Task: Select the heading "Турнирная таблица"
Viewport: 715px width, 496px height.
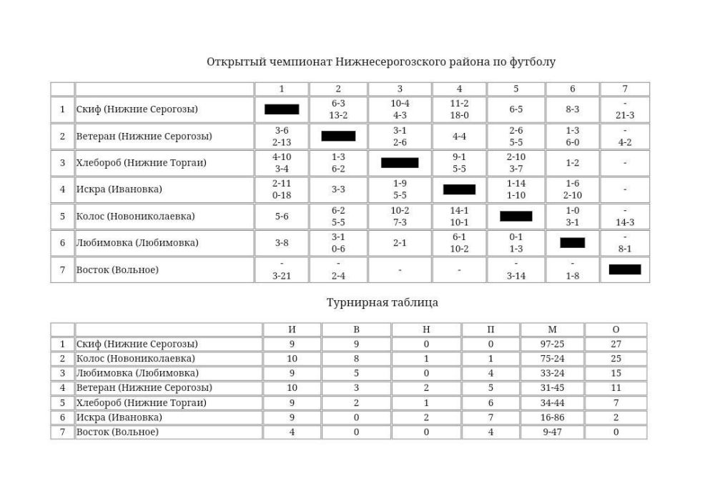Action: click(383, 302)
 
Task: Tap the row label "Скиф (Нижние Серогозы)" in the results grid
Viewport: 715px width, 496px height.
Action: click(137, 109)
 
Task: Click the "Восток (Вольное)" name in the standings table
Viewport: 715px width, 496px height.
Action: click(117, 432)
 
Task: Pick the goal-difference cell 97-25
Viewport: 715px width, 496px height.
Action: click(552, 344)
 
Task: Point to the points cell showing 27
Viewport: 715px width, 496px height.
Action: click(616, 344)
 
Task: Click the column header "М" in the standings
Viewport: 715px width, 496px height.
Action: click(552, 329)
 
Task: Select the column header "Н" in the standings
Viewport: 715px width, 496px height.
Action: click(425, 329)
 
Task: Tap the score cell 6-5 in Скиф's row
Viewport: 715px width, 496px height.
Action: click(516, 109)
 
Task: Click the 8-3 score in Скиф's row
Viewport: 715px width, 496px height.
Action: click(572, 109)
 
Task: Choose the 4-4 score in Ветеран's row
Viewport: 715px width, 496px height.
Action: click(459, 136)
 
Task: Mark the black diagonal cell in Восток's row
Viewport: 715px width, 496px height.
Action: click(625, 269)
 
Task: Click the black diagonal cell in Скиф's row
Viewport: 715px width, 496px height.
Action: click(282, 109)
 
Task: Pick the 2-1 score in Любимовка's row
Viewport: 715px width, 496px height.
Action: click(400, 243)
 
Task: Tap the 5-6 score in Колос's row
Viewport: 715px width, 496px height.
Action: click(282, 216)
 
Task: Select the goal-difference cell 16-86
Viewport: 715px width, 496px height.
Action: click(552, 417)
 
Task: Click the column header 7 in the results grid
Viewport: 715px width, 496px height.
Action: click(625, 89)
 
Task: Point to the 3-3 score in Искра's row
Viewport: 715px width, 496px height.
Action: click(338, 189)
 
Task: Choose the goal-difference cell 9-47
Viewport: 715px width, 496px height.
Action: click(552, 432)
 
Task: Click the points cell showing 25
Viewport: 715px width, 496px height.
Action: click(616, 359)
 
